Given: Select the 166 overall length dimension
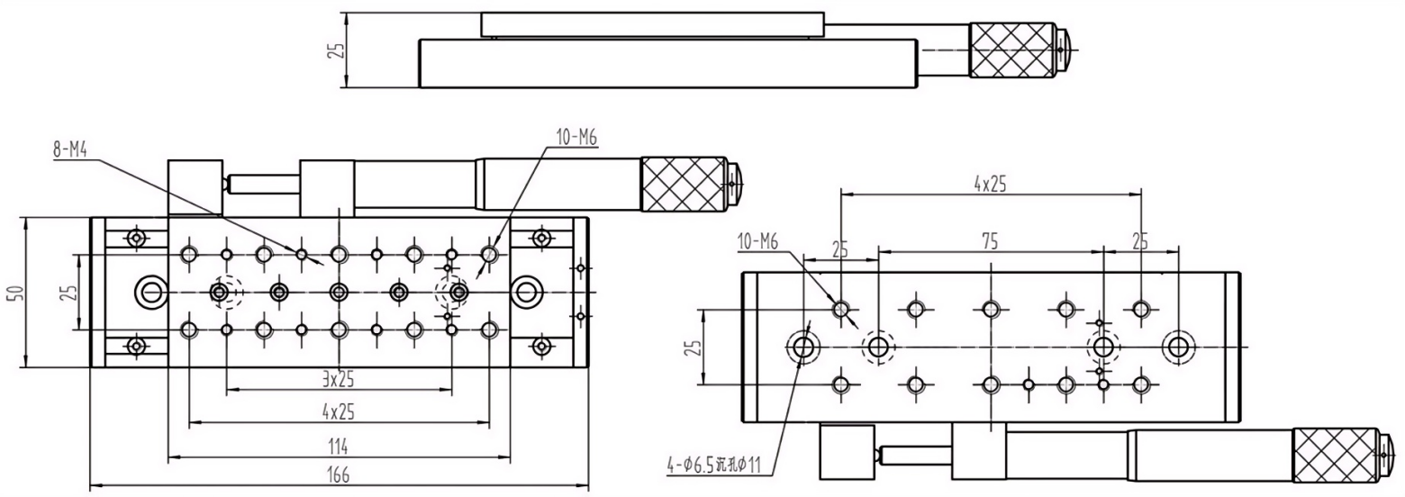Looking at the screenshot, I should click(x=339, y=474).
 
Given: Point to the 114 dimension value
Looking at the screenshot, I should click(x=339, y=447).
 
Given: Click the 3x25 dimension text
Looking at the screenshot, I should click(x=339, y=379).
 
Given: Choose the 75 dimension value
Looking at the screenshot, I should click(x=989, y=242).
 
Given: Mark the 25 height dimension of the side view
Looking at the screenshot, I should click(x=334, y=50).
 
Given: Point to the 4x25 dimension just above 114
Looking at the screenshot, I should click(x=339, y=411).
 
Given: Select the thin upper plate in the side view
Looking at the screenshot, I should click(x=652, y=25).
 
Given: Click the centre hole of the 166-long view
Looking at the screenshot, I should click(x=339, y=292).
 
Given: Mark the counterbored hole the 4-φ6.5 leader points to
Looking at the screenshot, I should click(x=802, y=345).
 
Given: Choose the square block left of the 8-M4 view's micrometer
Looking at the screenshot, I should click(x=195, y=187).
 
